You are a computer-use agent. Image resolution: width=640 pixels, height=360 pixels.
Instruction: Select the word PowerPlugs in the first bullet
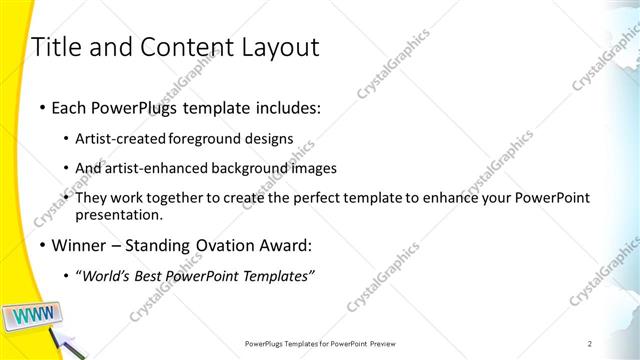tap(130, 105)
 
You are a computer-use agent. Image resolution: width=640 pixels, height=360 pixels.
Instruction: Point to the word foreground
tap(205, 138)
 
